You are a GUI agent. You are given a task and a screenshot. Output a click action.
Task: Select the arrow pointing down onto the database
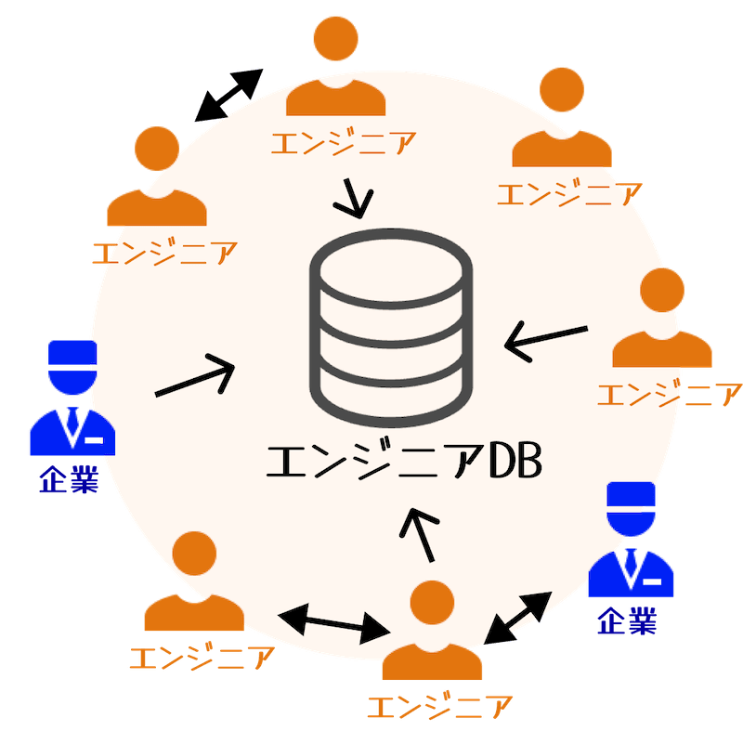357,198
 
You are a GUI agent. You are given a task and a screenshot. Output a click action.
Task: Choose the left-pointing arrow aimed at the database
546,338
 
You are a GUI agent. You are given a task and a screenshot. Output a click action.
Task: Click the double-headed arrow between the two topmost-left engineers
228,95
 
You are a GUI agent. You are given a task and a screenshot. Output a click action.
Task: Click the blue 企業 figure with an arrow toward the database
72,399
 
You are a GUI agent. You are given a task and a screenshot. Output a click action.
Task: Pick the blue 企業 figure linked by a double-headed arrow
632,543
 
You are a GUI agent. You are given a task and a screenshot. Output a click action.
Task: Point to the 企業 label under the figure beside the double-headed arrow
627,620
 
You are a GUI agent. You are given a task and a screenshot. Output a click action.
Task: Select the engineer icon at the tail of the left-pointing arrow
662,320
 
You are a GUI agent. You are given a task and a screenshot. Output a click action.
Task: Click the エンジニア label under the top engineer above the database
343,142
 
